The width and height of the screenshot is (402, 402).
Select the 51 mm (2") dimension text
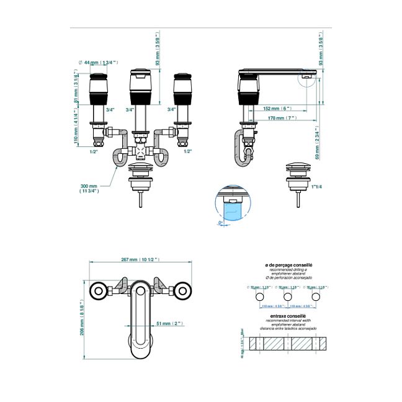(169, 323)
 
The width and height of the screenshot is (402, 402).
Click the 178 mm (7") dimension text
(279, 117)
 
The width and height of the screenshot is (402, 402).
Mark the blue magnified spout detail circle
(233, 207)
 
